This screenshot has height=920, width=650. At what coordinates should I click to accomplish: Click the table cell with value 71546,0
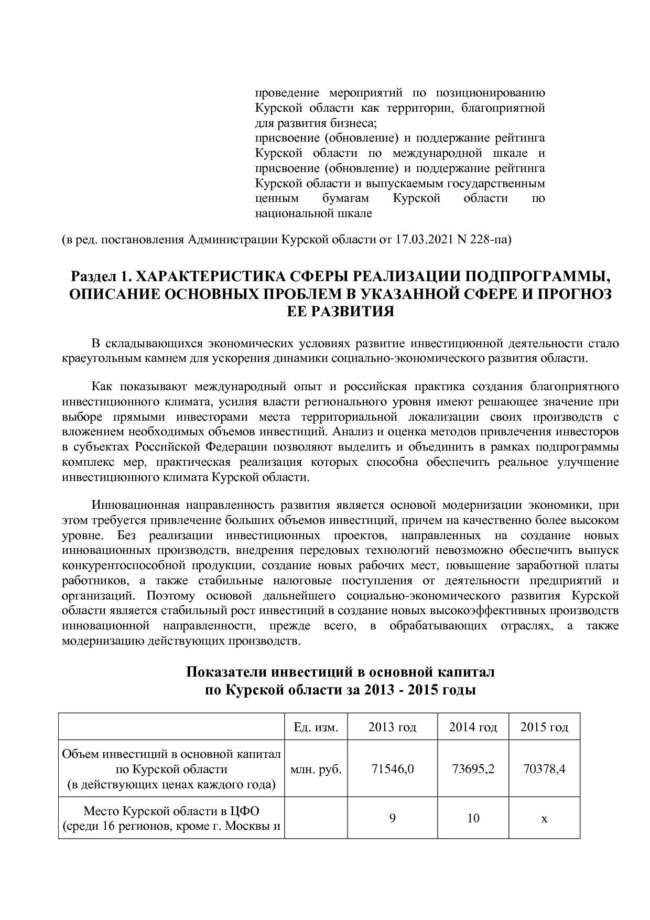(392, 769)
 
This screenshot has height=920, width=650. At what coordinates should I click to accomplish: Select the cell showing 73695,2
(473, 769)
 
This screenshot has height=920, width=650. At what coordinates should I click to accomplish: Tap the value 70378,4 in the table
(544, 769)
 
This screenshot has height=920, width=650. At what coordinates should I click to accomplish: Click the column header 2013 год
(392, 727)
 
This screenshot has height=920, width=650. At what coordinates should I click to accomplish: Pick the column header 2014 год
(473, 727)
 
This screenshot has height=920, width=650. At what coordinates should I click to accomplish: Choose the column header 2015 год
(544, 727)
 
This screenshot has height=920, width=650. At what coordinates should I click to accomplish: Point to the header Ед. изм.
(316, 727)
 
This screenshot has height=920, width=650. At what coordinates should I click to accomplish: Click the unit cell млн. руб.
(316, 769)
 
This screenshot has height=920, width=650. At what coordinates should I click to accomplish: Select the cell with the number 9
(392, 818)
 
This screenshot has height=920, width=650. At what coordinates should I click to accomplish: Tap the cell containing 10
(473, 818)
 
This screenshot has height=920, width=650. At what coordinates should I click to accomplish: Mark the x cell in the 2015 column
(544, 818)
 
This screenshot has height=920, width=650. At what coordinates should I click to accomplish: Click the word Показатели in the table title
(227, 672)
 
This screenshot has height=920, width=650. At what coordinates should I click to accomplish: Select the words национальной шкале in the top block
(313, 213)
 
